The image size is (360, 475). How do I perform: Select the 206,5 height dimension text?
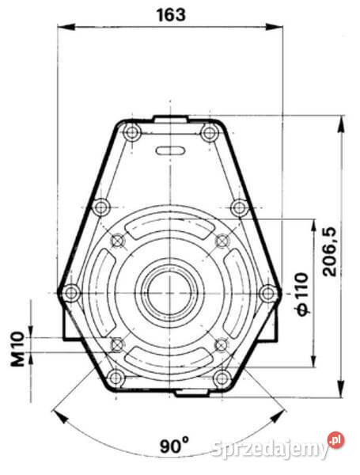coord(330,249)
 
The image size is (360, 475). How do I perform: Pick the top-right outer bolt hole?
coord(209,133)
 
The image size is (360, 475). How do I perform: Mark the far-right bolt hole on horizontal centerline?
coord(269,293)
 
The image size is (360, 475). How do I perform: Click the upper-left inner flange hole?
coord(118,240)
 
